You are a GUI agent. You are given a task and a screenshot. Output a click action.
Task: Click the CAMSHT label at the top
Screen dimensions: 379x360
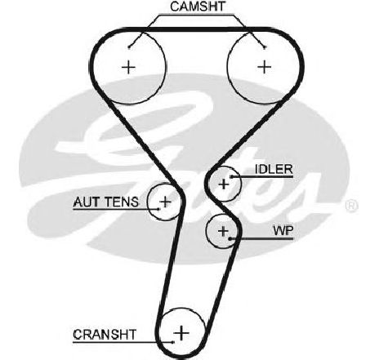pyautogui.click(x=198, y=7)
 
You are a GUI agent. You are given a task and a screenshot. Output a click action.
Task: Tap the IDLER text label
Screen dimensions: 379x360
pyautogui.click(x=274, y=169)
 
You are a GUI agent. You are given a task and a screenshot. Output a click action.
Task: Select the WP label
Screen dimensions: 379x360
pyautogui.click(x=283, y=231)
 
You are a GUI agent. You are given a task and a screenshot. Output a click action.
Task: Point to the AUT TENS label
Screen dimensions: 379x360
pyautogui.click(x=106, y=202)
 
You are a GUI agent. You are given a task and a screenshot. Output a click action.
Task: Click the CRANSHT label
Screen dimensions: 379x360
pyautogui.click(x=105, y=335)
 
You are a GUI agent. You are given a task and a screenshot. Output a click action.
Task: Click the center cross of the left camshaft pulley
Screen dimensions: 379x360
pyautogui.click(x=128, y=67)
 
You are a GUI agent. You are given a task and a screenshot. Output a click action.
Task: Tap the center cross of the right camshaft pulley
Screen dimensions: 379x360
pyautogui.click(x=264, y=67)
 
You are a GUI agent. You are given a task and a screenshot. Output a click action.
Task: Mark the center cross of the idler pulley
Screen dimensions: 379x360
pyautogui.click(x=224, y=184)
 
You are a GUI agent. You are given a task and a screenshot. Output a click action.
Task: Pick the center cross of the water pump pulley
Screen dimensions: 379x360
pyautogui.click(x=223, y=231)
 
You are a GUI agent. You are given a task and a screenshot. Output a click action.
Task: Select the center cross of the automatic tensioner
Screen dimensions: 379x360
pyautogui.click(x=165, y=202)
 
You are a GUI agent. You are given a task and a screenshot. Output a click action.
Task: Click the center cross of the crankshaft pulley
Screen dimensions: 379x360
pyautogui.click(x=181, y=332)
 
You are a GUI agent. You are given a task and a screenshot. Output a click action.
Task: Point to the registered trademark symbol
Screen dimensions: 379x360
pyautogui.click(x=351, y=206)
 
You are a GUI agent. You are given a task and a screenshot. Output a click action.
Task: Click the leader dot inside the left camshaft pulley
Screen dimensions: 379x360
pyautogui.click(x=129, y=47)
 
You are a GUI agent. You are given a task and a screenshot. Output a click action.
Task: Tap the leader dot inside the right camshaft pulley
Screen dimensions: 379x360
pyautogui.click(x=265, y=47)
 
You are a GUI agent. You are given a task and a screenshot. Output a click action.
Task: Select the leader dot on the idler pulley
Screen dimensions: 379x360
pyautogui.click(x=231, y=177)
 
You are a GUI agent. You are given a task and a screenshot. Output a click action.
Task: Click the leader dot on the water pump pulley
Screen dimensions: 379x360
pyautogui.click(x=230, y=239)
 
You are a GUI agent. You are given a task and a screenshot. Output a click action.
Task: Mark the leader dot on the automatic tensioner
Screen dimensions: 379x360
pyautogui.click(x=158, y=209)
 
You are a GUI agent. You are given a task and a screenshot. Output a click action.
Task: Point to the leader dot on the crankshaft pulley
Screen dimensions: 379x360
pyautogui.click(x=173, y=342)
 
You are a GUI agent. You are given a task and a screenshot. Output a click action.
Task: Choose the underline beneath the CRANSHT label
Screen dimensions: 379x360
pyautogui.click(x=123, y=342)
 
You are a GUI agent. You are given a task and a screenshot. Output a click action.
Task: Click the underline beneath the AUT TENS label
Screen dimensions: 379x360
pyautogui.click(x=116, y=209)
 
